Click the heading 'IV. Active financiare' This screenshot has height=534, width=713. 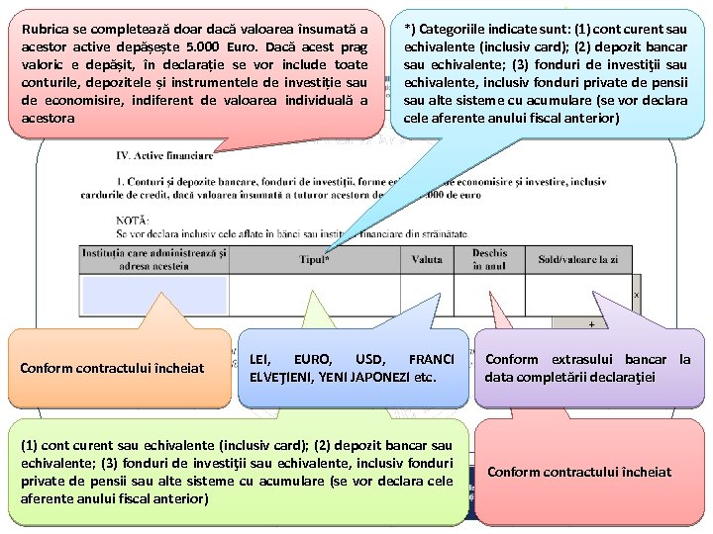(162, 155)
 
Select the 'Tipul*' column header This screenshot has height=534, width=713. (315, 259)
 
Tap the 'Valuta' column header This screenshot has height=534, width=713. (427, 259)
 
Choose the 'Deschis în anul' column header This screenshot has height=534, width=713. (489, 259)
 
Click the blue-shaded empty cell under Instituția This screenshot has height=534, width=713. (153, 294)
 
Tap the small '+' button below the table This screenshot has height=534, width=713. (592, 323)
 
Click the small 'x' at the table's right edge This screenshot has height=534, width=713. (636, 295)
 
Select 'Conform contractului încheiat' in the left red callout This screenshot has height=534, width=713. (112, 368)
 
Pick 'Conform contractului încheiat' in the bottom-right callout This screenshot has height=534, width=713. (579, 471)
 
